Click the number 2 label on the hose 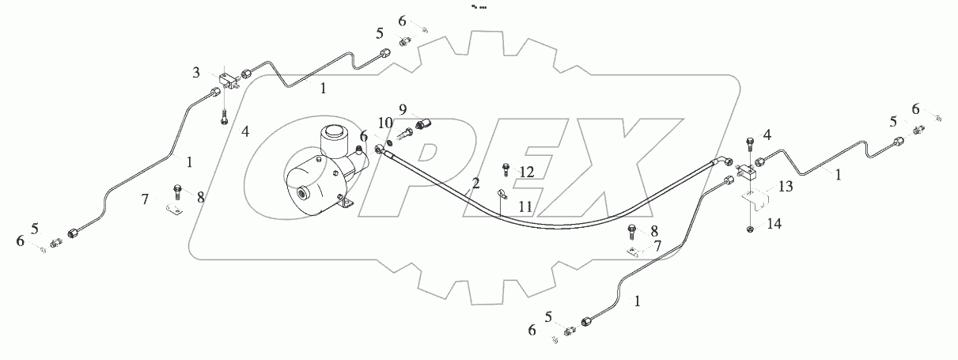[475, 184]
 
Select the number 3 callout [195, 73]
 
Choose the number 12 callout [527, 172]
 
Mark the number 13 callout [784, 187]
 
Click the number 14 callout [774, 224]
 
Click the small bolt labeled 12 [505, 168]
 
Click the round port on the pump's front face [302, 192]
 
